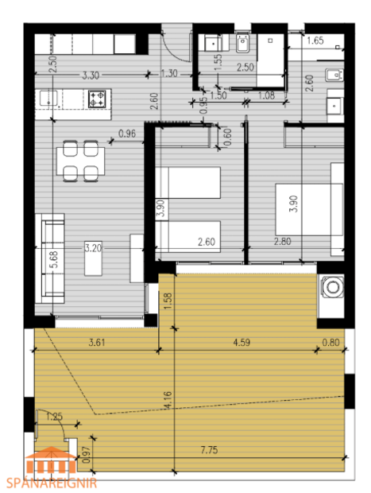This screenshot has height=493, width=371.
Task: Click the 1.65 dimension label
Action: pyautogui.click(x=315, y=40)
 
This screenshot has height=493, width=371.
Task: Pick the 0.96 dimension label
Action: pyautogui.click(x=127, y=133)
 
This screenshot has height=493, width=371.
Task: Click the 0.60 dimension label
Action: pyautogui.click(x=228, y=136)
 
